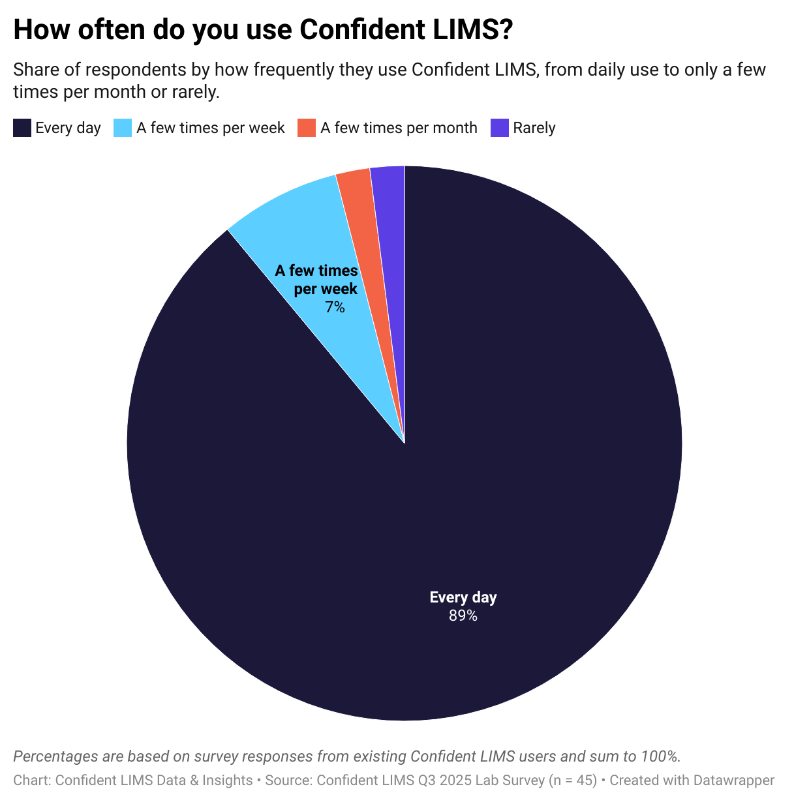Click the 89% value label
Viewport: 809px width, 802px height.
(x=463, y=616)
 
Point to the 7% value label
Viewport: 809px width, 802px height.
(x=335, y=307)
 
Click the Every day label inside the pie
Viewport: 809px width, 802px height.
(x=463, y=597)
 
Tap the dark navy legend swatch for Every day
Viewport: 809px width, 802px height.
(x=22, y=128)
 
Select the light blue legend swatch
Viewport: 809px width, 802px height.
(x=123, y=128)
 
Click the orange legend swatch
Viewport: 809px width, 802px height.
(x=307, y=128)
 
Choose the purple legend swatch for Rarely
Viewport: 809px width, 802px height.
(x=499, y=128)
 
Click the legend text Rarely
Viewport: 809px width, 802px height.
(x=534, y=128)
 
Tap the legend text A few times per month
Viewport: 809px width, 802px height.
(x=399, y=128)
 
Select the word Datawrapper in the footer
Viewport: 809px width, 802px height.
(x=733, y=780)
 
